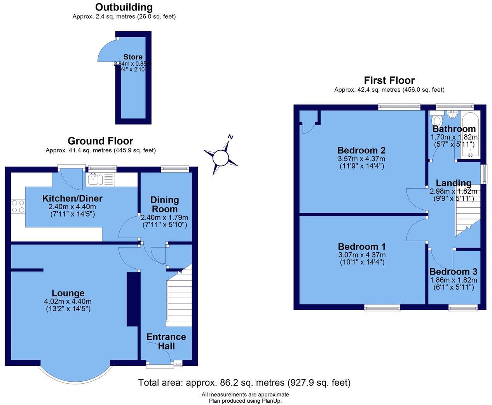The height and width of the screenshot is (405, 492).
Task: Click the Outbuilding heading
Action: [x=124, y=7]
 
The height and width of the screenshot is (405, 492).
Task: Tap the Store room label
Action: [x=133, y=57]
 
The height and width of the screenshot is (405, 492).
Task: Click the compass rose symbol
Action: [x=220, y=157]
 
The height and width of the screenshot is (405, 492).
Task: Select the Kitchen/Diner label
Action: [x=72, y=198]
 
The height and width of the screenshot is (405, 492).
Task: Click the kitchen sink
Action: [x=95, y=179]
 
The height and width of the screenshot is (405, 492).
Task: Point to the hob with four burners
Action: [x=18, y=206]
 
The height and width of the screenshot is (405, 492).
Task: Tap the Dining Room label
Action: [x=164, y=204]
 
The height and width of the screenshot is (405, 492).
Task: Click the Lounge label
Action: [x=68, y=293]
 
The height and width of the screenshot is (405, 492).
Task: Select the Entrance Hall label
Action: [x=166, y=341]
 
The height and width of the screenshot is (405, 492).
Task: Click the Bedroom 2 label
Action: [x=361, y=150]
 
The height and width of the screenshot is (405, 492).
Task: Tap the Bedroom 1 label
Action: [x=362, y=247]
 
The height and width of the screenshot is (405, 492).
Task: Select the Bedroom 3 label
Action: [x=453, y=272]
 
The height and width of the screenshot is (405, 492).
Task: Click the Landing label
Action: [x=454, y=183]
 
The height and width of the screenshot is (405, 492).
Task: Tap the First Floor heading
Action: [x=389, y=80]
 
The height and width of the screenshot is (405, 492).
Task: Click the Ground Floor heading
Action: [x=100, y=141]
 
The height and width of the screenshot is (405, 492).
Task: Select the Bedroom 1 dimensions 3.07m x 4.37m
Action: [x=362, y=255]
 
